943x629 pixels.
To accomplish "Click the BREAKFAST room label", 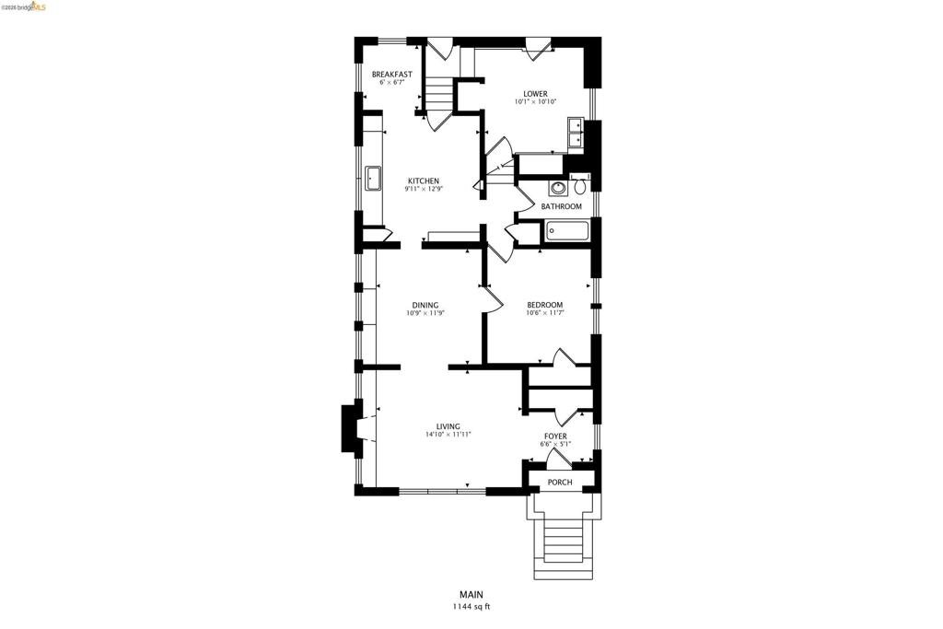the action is pos(392,75).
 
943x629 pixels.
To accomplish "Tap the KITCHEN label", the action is pos(424,181).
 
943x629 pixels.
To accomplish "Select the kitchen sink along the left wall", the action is pos(374,179).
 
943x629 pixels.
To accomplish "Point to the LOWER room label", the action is pos(535,94).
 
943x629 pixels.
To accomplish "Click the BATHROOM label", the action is pos(561,206).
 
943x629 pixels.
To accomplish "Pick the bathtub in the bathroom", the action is pos(567,231).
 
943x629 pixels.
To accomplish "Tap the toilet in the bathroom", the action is pos(580,185).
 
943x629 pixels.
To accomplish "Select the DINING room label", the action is pos(425,305).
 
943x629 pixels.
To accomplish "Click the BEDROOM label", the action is pos(545,305).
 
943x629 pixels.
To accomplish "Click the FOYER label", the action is pos(555,436).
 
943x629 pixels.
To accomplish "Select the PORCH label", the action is pos(560,483).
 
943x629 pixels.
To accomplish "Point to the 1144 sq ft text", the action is pos(471,607).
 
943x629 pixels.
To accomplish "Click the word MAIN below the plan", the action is pos(471,595).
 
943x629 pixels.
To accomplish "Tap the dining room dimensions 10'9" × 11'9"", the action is pos(425,313).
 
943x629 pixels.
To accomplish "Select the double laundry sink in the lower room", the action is pos(575,133).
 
